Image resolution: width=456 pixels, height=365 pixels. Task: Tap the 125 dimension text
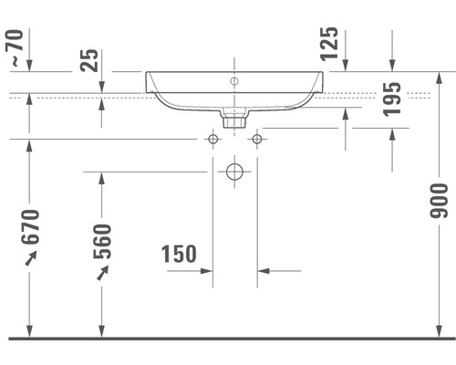click(x=330, y=44)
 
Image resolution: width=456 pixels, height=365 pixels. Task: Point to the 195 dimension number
click(x=392, y=99)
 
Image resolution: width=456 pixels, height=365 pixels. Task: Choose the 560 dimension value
click(x=102, y=242)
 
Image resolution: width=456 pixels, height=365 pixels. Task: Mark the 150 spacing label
click(x=179, y=254)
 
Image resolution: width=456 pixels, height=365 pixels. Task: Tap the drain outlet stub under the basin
click(x=234, y=117)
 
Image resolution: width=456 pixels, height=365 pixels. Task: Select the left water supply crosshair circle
click(x=212, y=139)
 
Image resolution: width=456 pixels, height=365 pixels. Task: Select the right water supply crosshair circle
click(x=256, y=139)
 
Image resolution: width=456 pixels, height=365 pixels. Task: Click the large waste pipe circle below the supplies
click(x=234, y=171)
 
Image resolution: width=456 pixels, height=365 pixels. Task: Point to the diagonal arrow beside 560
click(x=102, y=274)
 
